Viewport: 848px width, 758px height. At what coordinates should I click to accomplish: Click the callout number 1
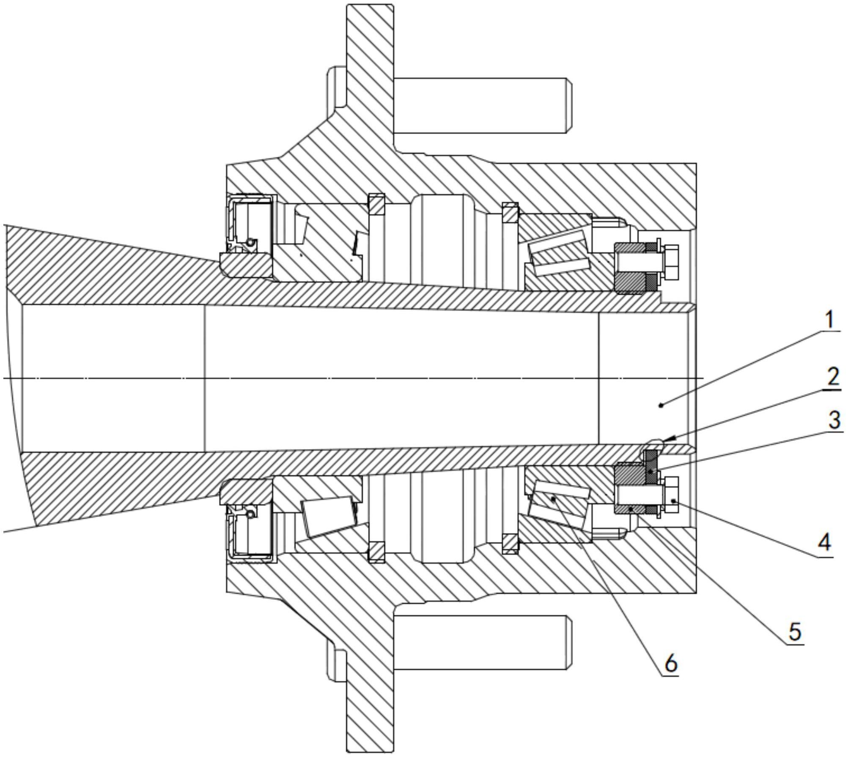[829, 320]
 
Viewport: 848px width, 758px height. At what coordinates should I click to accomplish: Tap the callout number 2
[832, 376]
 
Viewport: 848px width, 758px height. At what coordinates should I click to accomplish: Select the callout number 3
[834, 420]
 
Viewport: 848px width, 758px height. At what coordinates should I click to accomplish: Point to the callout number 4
[825, 542]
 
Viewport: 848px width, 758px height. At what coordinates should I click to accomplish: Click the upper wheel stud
[483, 105]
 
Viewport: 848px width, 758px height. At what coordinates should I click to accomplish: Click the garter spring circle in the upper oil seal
[250, 243]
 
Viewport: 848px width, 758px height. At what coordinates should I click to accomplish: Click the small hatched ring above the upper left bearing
[376, 204]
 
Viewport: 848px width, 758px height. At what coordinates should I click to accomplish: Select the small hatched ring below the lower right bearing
[510, 544]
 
